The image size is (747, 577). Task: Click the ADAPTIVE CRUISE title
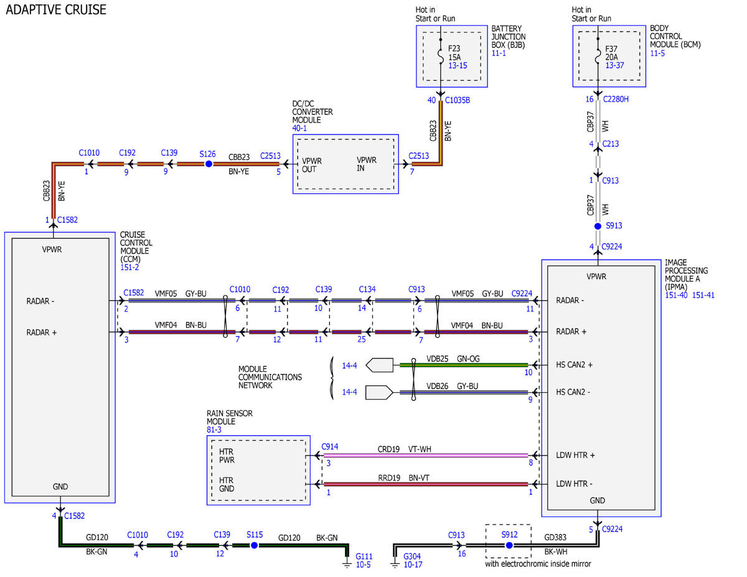point(56,9)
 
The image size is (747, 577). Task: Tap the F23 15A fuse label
point(454,53)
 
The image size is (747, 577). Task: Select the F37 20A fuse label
point(611,53)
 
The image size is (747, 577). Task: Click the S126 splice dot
point(209,164)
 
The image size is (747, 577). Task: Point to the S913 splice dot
point(598,226)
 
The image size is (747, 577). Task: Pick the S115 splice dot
point(254,545)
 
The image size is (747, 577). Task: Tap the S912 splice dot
point(509,545)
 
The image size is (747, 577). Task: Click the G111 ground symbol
point(347,564)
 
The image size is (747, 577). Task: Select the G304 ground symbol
point(395,564)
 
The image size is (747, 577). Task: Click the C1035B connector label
point(457,100)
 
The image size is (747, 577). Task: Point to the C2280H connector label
point(616,99)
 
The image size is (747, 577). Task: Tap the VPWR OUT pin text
point(312,165)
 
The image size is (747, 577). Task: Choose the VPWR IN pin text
point(367,164)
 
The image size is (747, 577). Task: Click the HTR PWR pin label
point(227,456)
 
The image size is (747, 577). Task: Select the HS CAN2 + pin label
point(574,365)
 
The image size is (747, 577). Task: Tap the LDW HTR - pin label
point(574,484)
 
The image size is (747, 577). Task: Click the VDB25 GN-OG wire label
point(453,359)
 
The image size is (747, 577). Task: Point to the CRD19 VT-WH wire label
point(404,449)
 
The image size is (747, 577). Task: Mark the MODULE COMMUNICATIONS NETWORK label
point(270,377)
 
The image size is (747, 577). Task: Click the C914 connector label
point(330,446)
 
